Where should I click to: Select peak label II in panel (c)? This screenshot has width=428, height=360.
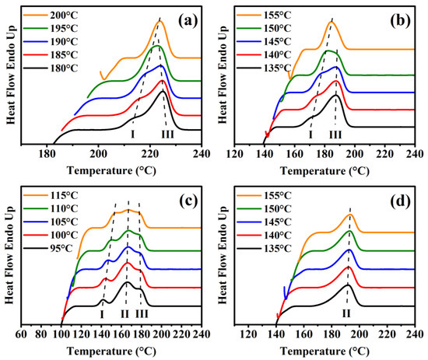[x=125, y=313]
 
